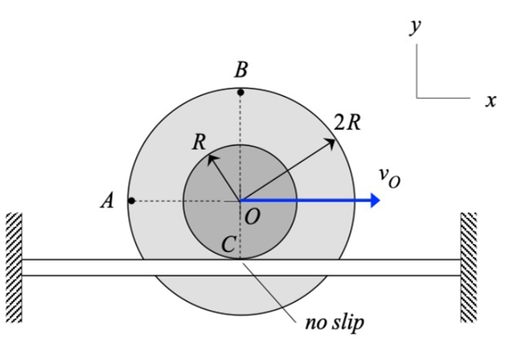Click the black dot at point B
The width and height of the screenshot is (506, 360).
pyautogui.click(x=241, y=93)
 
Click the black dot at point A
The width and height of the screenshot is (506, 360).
pyautogui.click(x=132, y=201)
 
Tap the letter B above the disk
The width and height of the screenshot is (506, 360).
pyautogui.click(x=241, y=71)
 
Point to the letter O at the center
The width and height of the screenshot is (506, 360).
pyautogui.click(x=253, y=216)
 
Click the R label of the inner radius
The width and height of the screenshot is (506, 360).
pyautogui.click(x=199, y=143)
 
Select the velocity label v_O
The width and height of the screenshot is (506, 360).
pyautogui.click(x=389, y=176)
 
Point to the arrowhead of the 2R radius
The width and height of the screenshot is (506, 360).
pyautogui.click(x=332, y=141)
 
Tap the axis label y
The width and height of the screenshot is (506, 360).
pyautogui.click(x=415, y=26)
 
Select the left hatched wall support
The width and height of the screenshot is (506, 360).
pyautogui.click(x=13, y=267)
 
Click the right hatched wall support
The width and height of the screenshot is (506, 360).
pyautogui.click(x=468, y=267)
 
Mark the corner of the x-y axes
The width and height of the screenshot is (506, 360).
pyautogui.click(x=416, y=99)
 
